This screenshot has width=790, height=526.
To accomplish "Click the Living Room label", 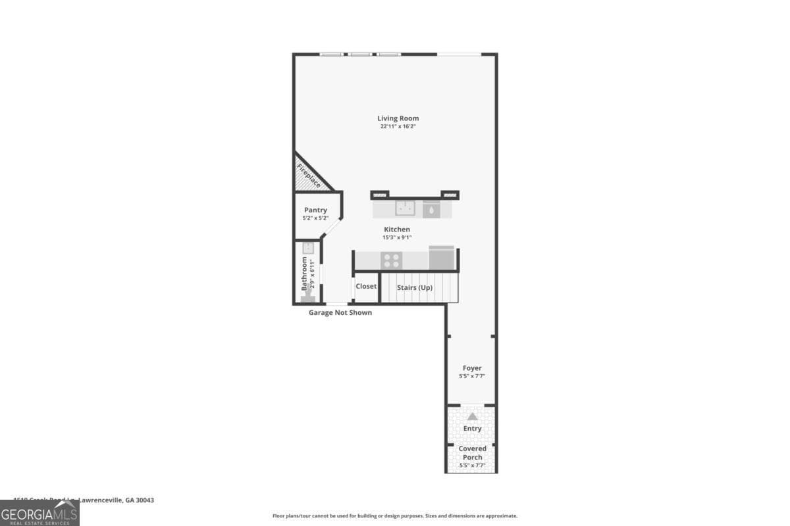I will click(x=398, y=118).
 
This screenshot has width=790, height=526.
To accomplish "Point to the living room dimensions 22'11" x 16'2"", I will click(x=398, y=126).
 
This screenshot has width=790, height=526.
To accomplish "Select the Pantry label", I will click(x=315, y=210).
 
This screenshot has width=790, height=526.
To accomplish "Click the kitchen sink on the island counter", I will click(x=405, y=208).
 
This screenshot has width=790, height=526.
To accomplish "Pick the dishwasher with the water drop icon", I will click(x=432, y=209).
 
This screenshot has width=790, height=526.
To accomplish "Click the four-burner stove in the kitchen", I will click(x=391, y=260).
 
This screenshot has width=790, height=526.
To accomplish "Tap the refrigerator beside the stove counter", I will click(x=441, y=258).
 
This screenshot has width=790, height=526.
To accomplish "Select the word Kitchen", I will click(x=397, y=229).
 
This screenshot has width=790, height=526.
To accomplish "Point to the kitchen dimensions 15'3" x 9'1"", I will click(x=397, y=237).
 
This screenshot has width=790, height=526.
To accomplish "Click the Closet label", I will click(x=366, y=286).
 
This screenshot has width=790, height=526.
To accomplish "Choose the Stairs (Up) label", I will click(x=415, y=287).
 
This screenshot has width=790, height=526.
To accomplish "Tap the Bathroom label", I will click(x=304, y=274).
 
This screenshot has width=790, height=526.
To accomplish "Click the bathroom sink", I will click(x=308, y=249).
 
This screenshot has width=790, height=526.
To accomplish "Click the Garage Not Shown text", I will click(x=340, y=312).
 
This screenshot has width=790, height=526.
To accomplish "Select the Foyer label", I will click(x=472, y=368).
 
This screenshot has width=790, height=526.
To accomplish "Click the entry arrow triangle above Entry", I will click(x=472, y=416).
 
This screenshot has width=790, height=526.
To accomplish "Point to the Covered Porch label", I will click(x=472, y=453).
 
